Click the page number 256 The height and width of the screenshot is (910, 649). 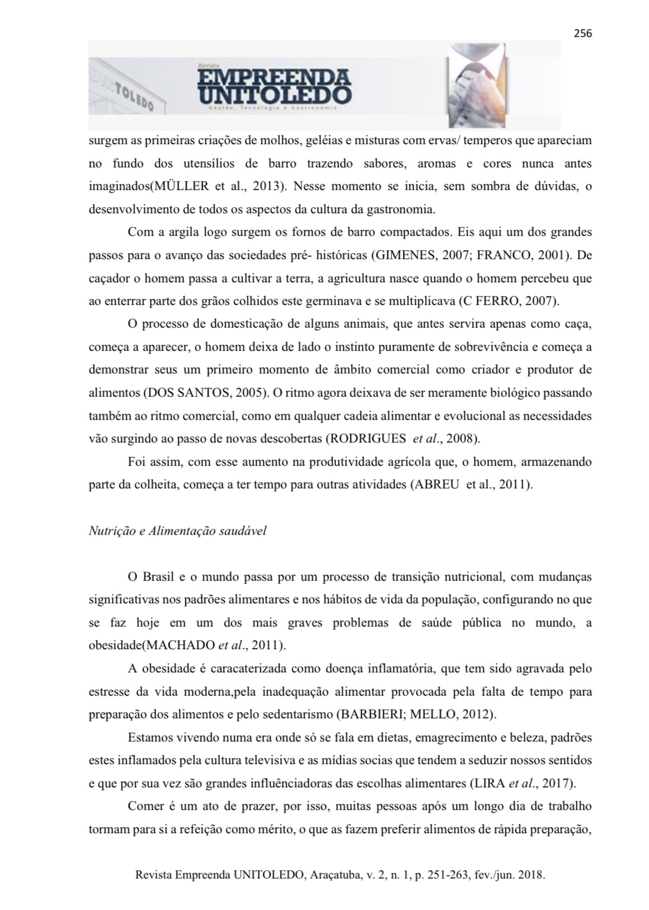[583, 33]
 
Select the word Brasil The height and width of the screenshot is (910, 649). [159, 576]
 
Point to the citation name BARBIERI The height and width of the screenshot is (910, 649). [364, 714]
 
